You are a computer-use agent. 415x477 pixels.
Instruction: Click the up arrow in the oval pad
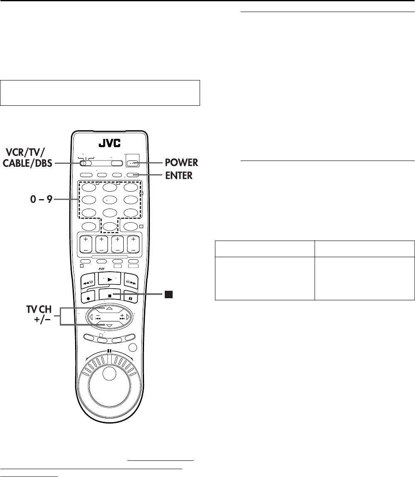tap(110, 309)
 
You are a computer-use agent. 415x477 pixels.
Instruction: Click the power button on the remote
tap(133, 163)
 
